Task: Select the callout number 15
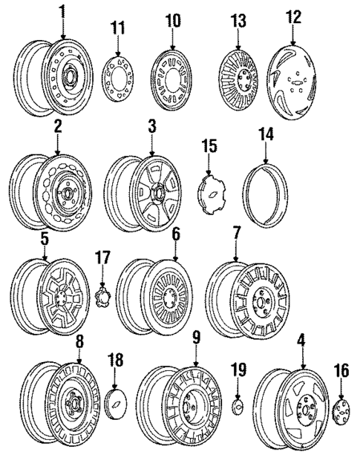click(209, 146)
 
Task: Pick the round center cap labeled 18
click(116, 403)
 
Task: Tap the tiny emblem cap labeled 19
click(237, 407)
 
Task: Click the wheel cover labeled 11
click(118, 78)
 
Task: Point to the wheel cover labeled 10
click(171, 80)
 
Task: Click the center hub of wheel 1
click(70, 78)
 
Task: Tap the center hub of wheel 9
click(189, 408)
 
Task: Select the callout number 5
click(45, 240)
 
